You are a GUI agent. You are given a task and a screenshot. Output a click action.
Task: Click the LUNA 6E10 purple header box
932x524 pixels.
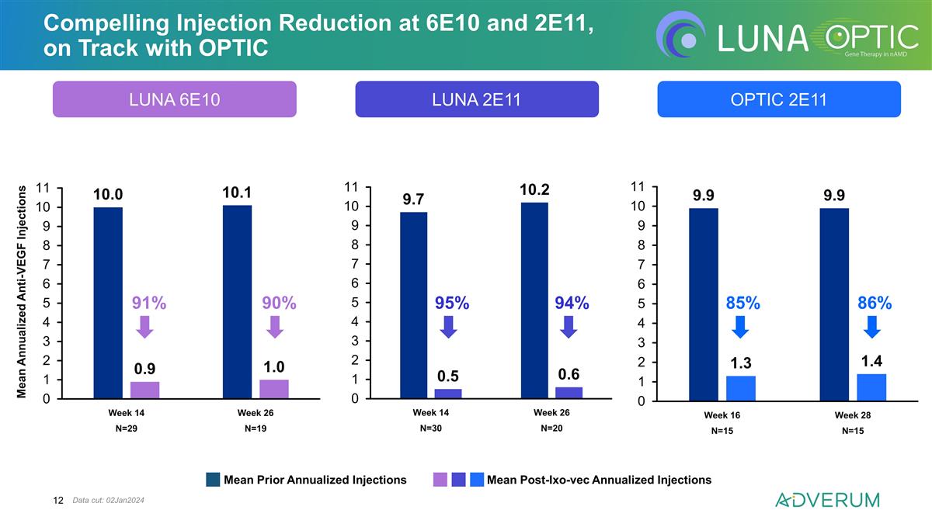click(174, 99)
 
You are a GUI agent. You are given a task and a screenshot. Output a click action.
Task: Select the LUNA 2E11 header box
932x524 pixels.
click(477, 99)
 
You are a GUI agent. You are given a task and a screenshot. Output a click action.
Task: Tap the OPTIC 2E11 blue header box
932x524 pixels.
click(779, 99)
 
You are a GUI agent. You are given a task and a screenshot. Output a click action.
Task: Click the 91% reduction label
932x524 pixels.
click(149, 303)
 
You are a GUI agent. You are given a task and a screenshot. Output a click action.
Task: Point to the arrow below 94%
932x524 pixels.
click(569, 327)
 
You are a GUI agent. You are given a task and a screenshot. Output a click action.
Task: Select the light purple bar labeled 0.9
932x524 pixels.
click(144, 390)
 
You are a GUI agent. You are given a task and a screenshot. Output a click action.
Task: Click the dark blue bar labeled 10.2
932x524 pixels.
click(534, 300)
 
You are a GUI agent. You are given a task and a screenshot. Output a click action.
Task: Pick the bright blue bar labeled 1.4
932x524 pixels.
click(871, 387)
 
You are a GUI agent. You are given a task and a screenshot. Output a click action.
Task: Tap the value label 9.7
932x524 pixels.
click(413, 200)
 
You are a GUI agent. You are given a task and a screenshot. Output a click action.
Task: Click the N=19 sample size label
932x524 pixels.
click(256, 429)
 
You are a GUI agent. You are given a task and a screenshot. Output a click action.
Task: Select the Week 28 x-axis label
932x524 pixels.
click(853, 415)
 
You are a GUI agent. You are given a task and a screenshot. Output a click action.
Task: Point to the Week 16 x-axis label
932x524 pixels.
click(722, 415)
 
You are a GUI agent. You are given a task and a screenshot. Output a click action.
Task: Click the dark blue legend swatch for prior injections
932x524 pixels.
click(213, 480)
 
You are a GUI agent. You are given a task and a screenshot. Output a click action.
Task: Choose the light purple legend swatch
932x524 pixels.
click(440, 480)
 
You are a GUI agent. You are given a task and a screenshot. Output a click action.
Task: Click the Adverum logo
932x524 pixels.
click(828, 500)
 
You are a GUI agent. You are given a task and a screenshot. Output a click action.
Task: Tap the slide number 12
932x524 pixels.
click(58, 500)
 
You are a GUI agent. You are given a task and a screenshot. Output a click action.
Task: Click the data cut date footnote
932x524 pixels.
click(108, 500)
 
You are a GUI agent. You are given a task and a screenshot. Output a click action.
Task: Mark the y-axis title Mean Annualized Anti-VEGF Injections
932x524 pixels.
click(21, 292)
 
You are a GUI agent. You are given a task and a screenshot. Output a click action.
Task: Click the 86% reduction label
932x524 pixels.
click(875, 303)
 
